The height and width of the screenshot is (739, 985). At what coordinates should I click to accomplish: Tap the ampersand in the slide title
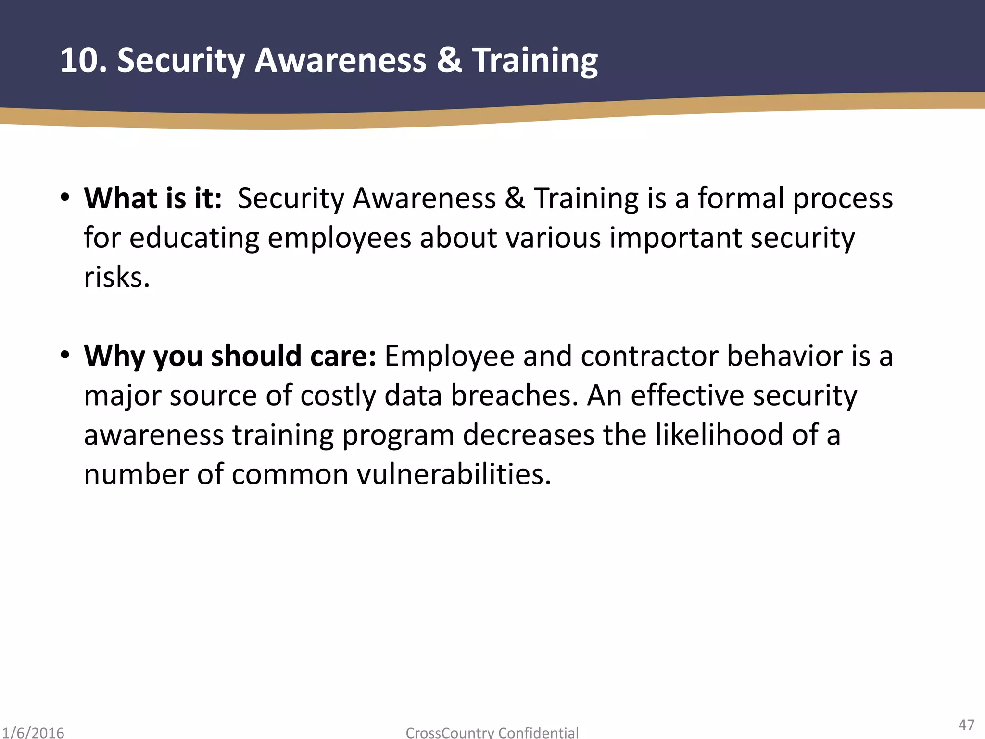[449, 61]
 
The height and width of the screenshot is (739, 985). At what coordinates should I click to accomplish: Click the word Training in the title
[535, 62]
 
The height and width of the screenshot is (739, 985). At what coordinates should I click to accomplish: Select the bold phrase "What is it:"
[153, 198]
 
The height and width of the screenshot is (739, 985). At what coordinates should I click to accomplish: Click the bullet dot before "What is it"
[65, 197]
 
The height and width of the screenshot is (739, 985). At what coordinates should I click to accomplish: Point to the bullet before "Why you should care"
[65, 355]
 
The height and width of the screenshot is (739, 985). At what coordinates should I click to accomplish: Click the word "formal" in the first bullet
[741, 198]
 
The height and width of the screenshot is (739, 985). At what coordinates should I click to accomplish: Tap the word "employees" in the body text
[339, 239]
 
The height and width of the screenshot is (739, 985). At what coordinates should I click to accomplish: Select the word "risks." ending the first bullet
[117, 278]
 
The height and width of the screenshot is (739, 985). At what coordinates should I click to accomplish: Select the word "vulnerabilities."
[454, 474]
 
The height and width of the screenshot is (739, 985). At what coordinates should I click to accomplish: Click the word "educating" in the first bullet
[194, 239]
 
